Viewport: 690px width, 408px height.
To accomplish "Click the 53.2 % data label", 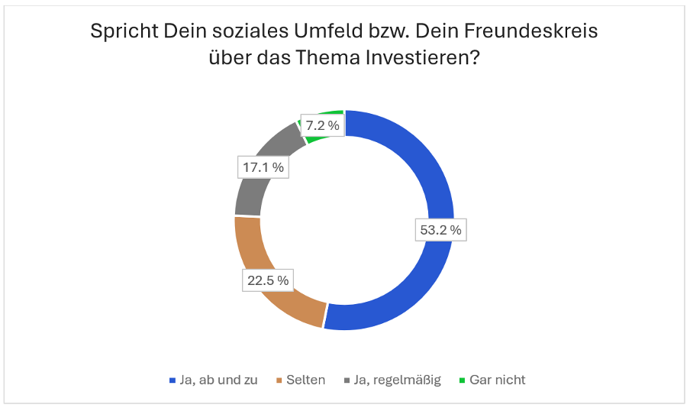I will pos(440,229).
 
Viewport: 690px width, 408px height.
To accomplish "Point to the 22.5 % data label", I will pos(267,280).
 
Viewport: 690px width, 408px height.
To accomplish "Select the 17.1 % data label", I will pos(262,167).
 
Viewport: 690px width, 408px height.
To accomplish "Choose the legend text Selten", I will pos(305,380).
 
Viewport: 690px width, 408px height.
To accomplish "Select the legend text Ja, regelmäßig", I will pos(397,380).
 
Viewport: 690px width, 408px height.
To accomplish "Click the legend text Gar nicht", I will pos(498,380).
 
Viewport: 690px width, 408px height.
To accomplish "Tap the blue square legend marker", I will pos(172,380).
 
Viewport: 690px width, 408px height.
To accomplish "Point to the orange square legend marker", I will pos(279,380).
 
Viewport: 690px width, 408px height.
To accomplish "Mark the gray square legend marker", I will pos(347,380).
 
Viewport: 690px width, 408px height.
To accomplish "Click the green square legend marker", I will pos(462,380).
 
